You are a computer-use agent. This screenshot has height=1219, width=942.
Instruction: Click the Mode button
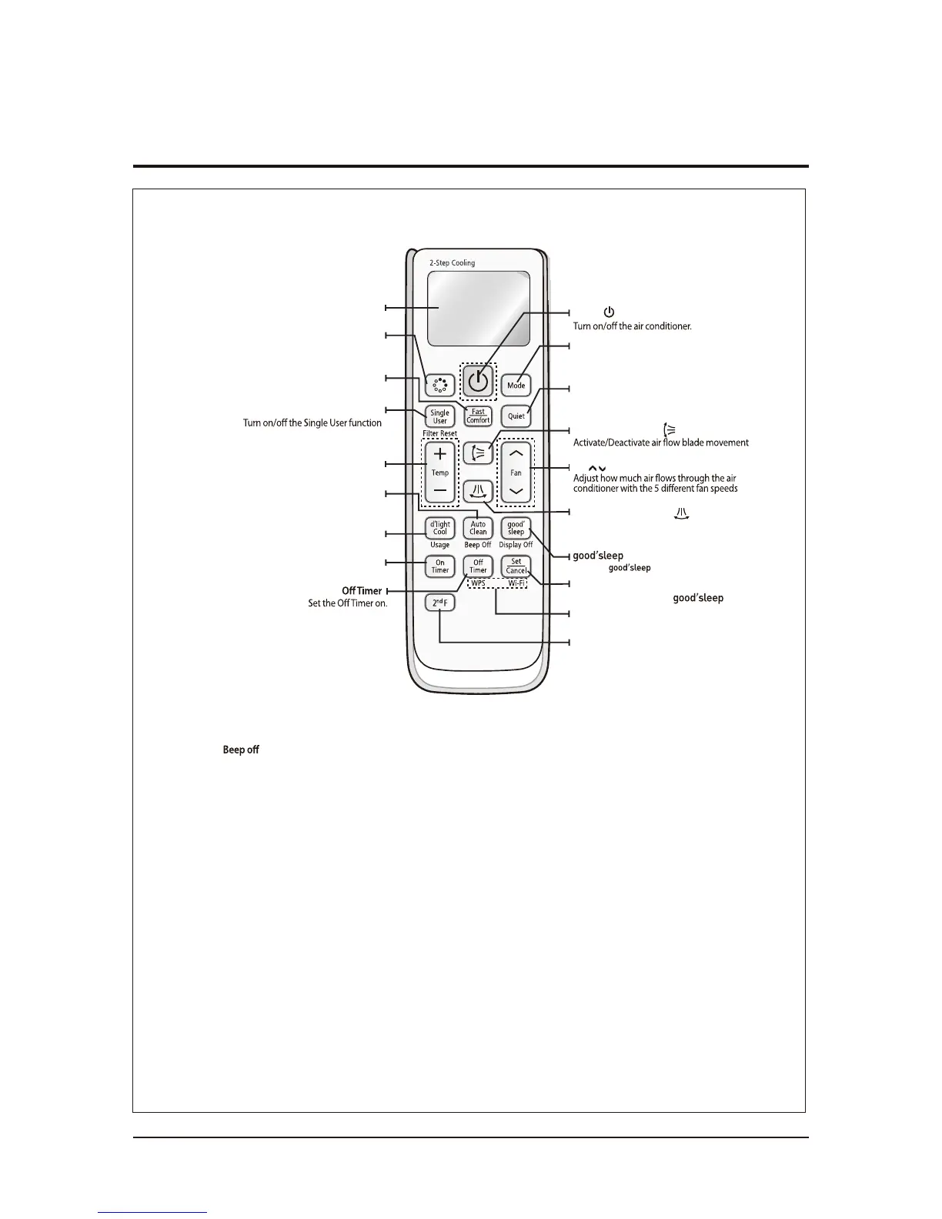516,385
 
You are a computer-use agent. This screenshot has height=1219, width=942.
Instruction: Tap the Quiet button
516,416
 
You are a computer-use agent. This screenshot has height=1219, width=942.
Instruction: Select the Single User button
439,416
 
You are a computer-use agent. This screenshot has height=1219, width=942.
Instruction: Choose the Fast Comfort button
478,416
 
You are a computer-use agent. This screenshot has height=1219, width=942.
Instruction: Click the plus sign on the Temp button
439,454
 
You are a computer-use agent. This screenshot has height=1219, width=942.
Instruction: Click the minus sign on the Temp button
439,490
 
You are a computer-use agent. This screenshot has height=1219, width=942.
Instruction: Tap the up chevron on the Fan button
516,454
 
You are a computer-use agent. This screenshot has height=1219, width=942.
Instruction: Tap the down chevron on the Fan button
516,491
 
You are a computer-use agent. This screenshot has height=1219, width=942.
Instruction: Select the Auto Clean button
478,528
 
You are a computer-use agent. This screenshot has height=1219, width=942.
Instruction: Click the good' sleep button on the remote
516,528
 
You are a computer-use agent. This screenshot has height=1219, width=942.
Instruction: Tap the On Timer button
439,566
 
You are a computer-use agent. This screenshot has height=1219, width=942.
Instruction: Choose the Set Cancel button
516,566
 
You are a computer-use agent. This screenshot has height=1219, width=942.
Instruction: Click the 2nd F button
439,603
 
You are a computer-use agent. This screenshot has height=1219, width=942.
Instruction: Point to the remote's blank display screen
478,308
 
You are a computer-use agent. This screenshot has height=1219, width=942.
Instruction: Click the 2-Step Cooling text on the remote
452,263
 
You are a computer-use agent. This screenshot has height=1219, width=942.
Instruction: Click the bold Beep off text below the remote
241,750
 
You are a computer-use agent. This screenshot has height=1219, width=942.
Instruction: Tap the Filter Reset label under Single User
439,434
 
